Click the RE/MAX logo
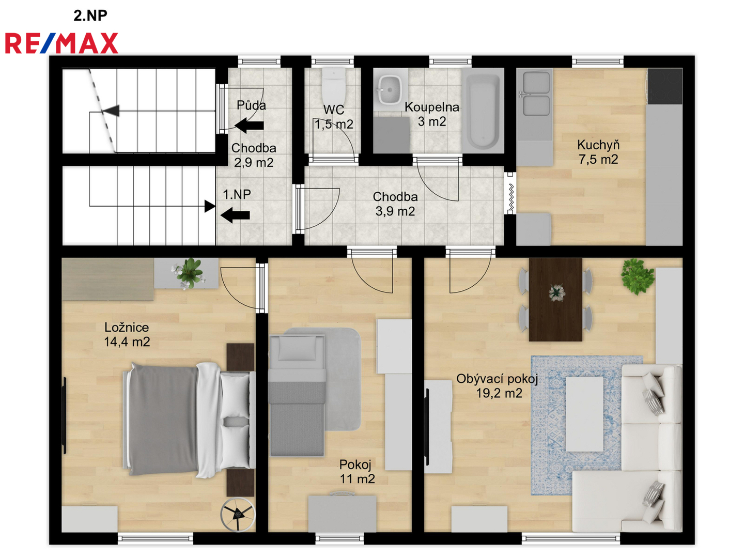pos(61,43)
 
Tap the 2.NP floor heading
pos(90,16)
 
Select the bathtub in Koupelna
pos(483,111)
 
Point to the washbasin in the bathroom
pos(390,89)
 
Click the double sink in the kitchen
pos(536,94)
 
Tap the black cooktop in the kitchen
pos(664,86)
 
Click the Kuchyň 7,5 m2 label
pos(598,152)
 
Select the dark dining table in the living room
pos(555,300)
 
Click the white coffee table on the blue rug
pos(585,414)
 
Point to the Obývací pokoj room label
pos(497,379)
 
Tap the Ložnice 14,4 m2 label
pos(127,334)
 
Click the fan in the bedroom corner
pos(238,514)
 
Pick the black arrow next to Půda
pos(249,126)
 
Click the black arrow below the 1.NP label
pos(235,215)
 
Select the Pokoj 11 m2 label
pos(357,471)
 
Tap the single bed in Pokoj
pos(297,395)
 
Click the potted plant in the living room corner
pos(637,276)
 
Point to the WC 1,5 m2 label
pos(334,117)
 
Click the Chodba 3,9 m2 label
pos(395,204)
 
